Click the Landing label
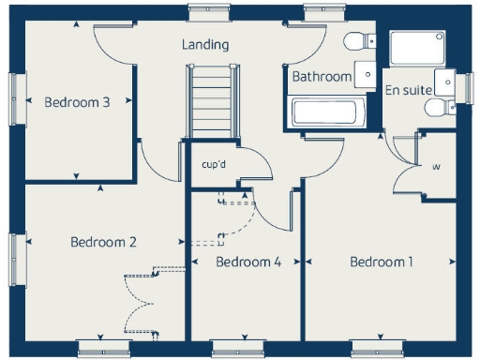pyautogui.click(x=205, y=45)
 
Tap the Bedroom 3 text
pyautogui.click(x=78, y=102)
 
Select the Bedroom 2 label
pyautogui.click(x=104, y=242)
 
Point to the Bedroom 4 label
pyautogui.click(x=248, y=262)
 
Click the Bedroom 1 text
pyautogui.click(x=382, y=262)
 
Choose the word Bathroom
pyautogui.click(x=322, y=76)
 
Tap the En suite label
pyautogui.click(x=409, y=90)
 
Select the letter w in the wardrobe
pyautogui.click(x=436, y=168)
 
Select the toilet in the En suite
pyautogui.click(x=438, y=108)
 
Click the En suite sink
pyautogui.click(x=444, y=81)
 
